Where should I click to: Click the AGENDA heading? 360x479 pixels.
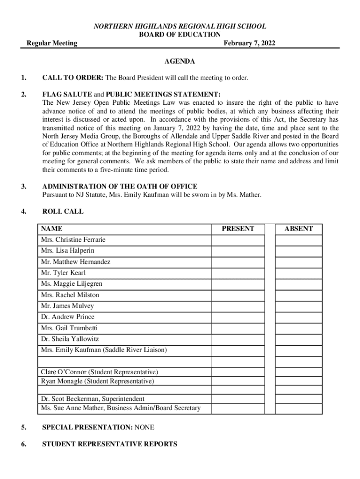click(x=180, y=61)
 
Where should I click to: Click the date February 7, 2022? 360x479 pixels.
click(x=249, y=44)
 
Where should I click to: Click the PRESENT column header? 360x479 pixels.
click(x=238, y=229)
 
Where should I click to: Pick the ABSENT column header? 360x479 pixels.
click(x=298, y=229)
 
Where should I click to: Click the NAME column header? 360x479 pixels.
click(x=51, y=229)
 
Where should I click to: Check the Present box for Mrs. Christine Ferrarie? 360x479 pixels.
click(x=238, y=240)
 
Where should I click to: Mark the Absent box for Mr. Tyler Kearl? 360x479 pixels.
click(x=298, y=273)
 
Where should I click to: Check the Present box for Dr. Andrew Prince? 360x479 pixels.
click(x=238, y=317)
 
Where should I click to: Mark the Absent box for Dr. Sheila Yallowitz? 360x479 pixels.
click(x=298, y=339)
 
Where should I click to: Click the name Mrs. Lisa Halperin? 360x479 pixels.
click(x=67, y=251)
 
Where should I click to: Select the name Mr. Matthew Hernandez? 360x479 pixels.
click(x=75, y=262)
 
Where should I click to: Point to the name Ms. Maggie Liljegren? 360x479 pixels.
click(x=72, y=284)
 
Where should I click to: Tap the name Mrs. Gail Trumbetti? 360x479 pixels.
click(x=69, y=328)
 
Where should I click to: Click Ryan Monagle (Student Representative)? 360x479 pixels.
click(x=97, y=381)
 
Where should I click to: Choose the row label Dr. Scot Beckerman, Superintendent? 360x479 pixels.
click(x=93, y=399)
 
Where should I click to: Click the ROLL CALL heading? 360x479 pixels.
click(x=63, y=211)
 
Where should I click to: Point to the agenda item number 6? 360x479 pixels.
click(x=23, y=444)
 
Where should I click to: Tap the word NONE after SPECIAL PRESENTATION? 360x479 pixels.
click(x=144, y=428)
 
